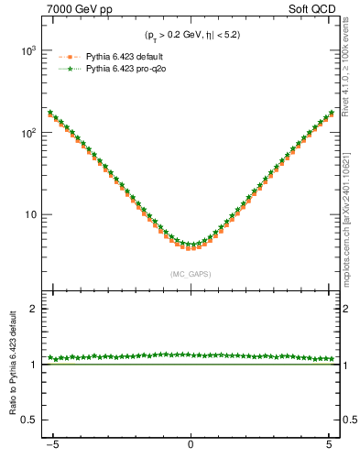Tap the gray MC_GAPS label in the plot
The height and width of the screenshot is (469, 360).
pyautogui.click(x=191, y=274)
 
